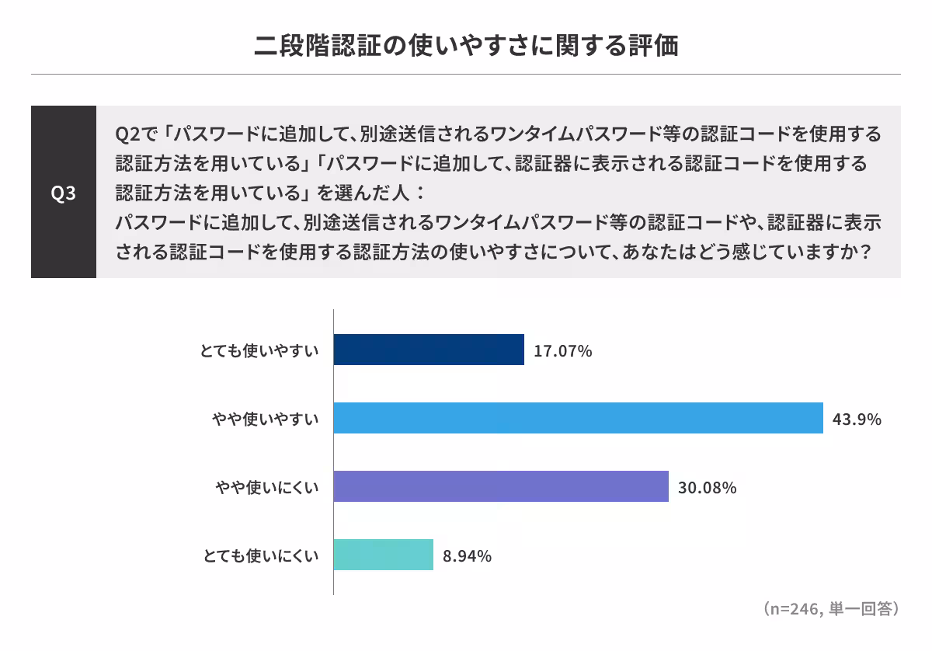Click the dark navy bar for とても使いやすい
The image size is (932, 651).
pyautogui.click(x=429, y=350)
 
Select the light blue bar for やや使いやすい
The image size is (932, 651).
pyautogui.click(x=578, y=418)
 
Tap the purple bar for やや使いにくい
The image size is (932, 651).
pyautogui.click(x=501, y=486)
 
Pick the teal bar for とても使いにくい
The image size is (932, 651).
pyautogui.click(x=384, y=555)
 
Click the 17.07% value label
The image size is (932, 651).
pyautogui.click(x=563, y=351)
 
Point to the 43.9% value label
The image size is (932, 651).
pyautogui.click(x=857, y=419)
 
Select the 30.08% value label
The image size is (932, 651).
pyautogui.click(x=707, y=488)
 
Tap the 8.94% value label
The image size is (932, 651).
pyautogui.click(x=468, y=556)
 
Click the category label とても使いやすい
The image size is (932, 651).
pyautogui.click(x=260, y=351)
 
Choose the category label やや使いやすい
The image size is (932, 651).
pyautogui.click(x=266, y=419)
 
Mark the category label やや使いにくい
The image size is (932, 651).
pyautogui.click(x=266, y=488)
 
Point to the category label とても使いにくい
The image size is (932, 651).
pyautogui.click(x=260, y=556)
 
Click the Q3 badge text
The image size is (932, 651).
pyautogui.click(x=64, y=193)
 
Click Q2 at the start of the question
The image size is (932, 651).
pyautogui.click(x=126, y=134)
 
